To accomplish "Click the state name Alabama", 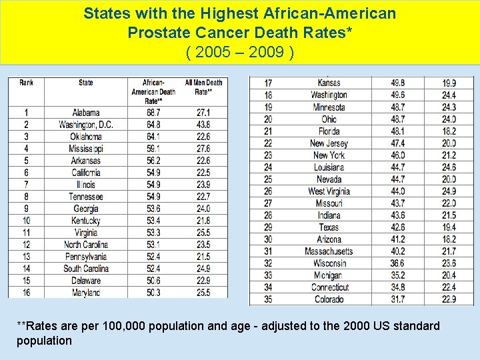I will click(86, 113).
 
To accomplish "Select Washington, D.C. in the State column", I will click(86, 125).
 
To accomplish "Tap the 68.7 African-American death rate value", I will click(155, 113).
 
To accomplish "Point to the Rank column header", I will click(27, 83).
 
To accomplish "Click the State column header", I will click(86, 83).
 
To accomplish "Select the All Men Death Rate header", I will click(203, 87).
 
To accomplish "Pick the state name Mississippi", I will click(86, 149).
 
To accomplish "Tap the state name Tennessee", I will click(86, 197).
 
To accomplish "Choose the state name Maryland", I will click(86, 293).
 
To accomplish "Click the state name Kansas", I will click(329, 83).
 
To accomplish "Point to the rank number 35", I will click(268, 299).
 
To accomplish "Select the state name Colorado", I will click(329, 299).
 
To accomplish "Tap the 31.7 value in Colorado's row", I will click(397, 299).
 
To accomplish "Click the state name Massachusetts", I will click(329, 251).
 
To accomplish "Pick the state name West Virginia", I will click(329, 191).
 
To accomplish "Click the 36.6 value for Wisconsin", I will click(397, 263).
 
